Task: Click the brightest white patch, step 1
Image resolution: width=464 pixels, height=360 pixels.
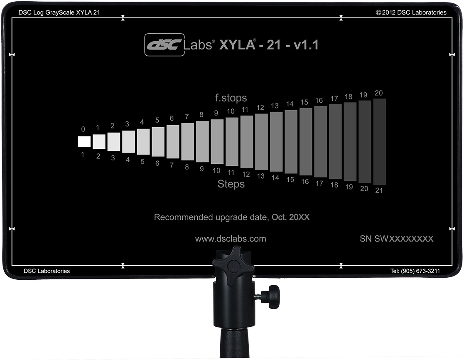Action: click(x=84, y=141)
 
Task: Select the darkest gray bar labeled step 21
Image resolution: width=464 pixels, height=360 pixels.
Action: click(x=380, y=142)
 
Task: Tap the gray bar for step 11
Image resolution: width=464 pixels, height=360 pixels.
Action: click(x=232, y=142)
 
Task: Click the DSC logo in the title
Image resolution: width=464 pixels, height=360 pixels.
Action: click(x=164, y=45)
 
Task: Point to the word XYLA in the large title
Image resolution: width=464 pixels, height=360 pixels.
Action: click(x=237, y=45)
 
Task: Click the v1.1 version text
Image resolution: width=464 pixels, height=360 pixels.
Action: click(x=306, y=45)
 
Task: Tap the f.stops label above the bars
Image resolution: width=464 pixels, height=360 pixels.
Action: click(x=231, y=98)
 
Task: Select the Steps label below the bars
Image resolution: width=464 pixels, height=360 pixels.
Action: click(x=231, y=184)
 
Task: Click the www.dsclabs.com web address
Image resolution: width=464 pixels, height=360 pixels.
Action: click(x=231, y=239)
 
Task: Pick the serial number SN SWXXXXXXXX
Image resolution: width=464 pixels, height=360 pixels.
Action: click(x=397, y=239)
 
